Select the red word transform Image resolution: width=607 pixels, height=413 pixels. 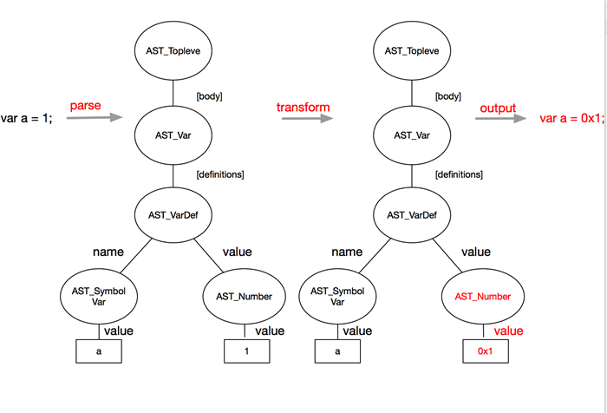[x=303, y=107]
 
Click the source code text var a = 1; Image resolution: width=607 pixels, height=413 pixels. [x=27, y=118]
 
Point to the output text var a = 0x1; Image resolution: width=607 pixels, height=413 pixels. [x=571, y=118]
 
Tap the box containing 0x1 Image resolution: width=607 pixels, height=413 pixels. [x=485, y=351]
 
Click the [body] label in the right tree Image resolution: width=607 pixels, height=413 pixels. [x=447, y=96]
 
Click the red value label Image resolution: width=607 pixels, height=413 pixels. [x=509, y=331]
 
